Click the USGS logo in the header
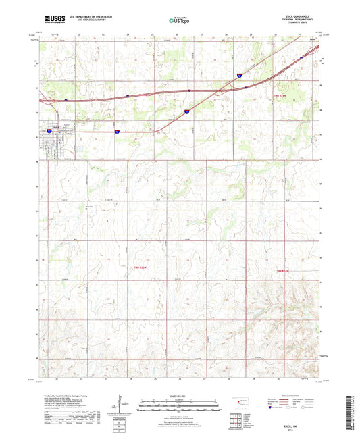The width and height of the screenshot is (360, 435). [52, 20]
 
